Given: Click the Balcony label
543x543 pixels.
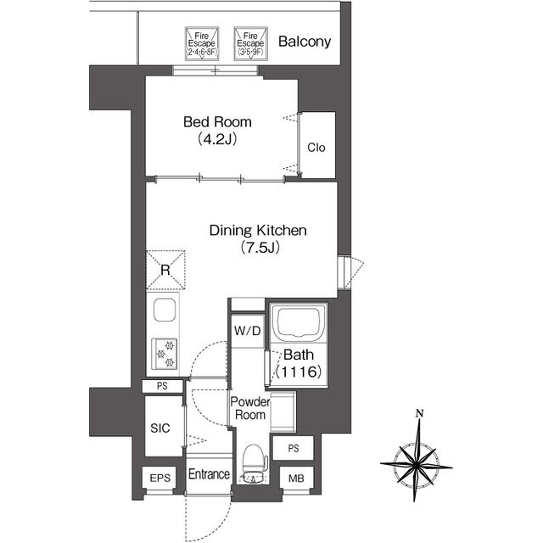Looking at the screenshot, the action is tap(305, 42).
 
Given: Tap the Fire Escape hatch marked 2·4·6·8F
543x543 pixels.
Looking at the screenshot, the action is tap(202, 44).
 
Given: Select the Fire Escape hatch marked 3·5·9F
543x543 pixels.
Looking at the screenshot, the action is tap(251, 44).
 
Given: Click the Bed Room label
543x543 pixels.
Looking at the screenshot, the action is tap(217, 122).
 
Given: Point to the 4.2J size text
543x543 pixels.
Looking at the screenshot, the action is tap(217, 139).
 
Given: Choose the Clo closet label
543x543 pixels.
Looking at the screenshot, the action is tap(316, 148).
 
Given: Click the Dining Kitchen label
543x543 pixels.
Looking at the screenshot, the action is tap(258, 231).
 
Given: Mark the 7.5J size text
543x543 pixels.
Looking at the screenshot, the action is tap(260, 248).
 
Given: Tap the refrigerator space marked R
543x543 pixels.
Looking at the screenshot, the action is tap(165, 270).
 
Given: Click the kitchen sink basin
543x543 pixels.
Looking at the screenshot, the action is tap(164, 310).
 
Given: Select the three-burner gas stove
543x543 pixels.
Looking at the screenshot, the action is tap(165, 354).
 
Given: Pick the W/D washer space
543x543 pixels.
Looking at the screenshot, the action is tap(247, 331).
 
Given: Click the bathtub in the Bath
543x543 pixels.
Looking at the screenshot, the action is tap(299, 322).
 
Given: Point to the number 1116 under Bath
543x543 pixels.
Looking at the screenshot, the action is tap(299, 372).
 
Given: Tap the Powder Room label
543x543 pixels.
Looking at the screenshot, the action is tap(250, 408).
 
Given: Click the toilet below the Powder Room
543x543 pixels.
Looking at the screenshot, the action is tap(255, 464).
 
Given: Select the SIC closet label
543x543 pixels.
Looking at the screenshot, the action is tap(160, 428).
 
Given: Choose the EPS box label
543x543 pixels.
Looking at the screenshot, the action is tap(160, 479).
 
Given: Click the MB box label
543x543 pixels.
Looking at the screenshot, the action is tap(296, 479).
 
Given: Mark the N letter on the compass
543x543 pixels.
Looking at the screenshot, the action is tap(420, 413).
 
